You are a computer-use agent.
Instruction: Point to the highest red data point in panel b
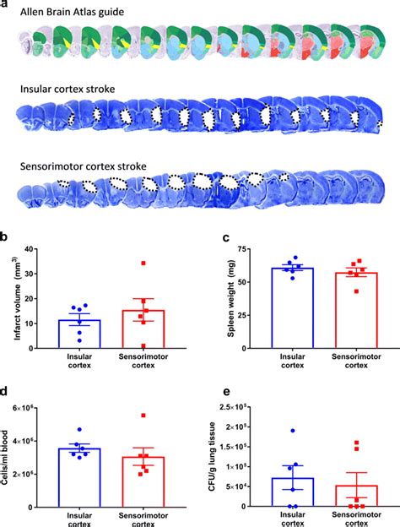click(x=143, y=263)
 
